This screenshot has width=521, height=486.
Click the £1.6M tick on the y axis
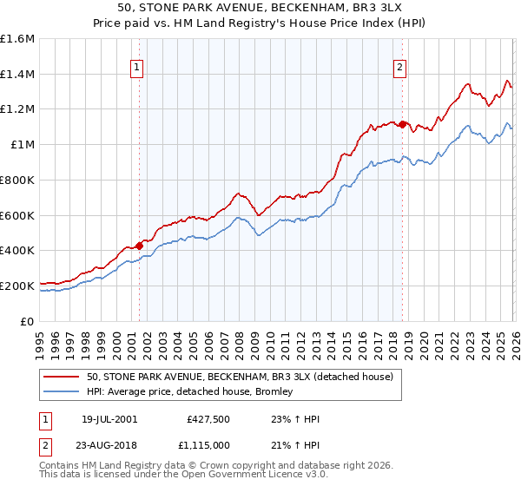[x=17, y=39]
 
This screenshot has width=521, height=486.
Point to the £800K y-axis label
[x=17, y=180]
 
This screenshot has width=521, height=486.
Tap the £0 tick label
[x=28, y=321]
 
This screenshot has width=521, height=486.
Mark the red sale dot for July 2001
[x=139, y=246]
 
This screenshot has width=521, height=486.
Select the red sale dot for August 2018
[x=402, y=125]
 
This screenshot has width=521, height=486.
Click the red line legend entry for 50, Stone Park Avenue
[x=241, y=377]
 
